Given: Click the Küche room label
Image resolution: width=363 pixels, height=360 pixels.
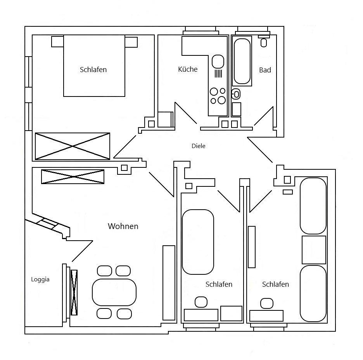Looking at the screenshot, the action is [188, 69].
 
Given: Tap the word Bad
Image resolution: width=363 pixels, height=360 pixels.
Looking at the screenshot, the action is [265, 70].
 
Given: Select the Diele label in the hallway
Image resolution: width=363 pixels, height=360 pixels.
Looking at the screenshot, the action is [198, 146].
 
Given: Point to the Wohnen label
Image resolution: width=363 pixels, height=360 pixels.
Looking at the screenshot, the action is [123, 226].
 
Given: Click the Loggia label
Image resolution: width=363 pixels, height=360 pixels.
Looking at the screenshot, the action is [40, 279].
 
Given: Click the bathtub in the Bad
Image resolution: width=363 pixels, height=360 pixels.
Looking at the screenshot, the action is [242, 61].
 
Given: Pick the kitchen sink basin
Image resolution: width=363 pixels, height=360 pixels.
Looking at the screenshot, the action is [218, 61].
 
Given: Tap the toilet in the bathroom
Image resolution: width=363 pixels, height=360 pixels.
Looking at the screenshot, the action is [236, 94].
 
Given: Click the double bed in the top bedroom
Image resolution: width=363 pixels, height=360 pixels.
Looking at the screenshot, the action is [94, 66].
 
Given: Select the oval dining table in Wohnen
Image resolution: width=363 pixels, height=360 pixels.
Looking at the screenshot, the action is [114, 292].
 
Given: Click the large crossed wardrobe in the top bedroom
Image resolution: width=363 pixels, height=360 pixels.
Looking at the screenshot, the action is [73, 146].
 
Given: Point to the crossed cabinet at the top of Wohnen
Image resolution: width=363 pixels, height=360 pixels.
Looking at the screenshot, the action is [73, 177].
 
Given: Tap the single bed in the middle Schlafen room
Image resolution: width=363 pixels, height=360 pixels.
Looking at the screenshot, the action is [198, 242].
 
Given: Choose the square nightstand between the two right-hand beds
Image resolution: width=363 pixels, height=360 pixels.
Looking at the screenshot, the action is [314, 250].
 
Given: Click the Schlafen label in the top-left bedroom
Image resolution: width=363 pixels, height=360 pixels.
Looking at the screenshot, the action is [93, 70].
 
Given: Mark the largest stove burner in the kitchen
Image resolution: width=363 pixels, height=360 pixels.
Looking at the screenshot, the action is [221, 100].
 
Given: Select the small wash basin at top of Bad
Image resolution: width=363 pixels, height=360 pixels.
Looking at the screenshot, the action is [264, 42].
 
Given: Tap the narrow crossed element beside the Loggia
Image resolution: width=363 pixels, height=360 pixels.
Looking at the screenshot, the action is [74, 292].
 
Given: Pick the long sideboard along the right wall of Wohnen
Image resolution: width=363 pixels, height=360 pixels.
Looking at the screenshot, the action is [169, 282].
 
